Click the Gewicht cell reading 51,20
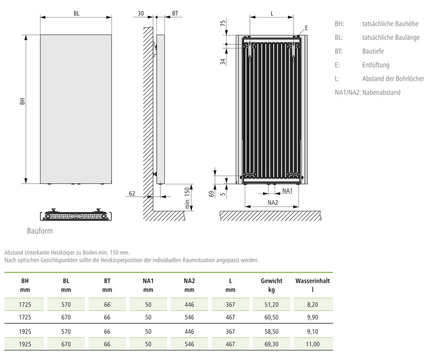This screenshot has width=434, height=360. (271, 305)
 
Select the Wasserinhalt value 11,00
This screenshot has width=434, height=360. (312, 344)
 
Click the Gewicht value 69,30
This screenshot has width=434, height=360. (271, 344)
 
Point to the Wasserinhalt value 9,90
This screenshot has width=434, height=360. (312, 317)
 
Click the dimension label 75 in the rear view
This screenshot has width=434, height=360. (223, 23)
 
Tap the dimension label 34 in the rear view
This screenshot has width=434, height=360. (223, 61)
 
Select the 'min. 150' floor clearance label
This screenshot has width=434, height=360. (187, 198)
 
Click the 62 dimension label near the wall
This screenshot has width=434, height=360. (132, 194)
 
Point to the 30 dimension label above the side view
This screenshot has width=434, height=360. (141, 14)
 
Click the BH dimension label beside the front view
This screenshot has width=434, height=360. (22, 101)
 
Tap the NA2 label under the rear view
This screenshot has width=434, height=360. (273, 202)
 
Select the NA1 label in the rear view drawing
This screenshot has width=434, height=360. (287, 191)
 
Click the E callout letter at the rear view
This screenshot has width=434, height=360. (306, 28)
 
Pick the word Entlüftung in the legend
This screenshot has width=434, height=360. (376, 65)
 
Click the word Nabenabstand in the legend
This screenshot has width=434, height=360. (381, 92)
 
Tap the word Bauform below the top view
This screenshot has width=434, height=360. (40, 231)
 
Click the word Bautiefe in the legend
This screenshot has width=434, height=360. (373, 51)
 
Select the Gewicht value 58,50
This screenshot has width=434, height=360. (271, 331)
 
